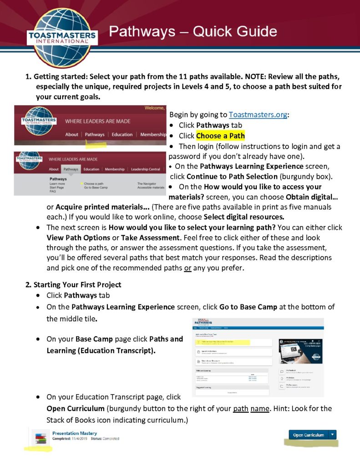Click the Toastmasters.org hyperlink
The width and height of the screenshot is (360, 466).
258,115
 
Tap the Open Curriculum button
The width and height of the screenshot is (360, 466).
308,435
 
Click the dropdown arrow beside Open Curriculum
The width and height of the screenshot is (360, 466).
333,435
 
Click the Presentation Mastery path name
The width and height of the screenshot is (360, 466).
75,433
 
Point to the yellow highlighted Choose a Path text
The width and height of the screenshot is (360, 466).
220,136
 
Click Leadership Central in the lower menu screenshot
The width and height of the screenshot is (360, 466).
146,169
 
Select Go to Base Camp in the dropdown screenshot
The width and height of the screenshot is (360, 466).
96,187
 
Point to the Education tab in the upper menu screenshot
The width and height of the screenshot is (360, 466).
122,135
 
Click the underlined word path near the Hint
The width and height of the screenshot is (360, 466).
240,408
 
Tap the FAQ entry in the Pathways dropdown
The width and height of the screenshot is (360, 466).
53,192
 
